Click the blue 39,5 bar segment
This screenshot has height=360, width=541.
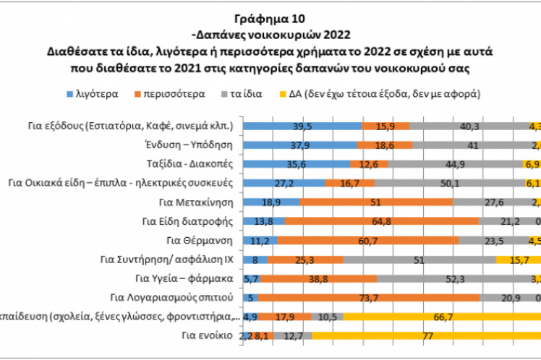[302, 126]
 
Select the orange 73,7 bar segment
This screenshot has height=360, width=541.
[368, 297]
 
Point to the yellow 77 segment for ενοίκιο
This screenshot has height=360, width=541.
[427, 335]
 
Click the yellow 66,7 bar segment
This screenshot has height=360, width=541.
[441, 316]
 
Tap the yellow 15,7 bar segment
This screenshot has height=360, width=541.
[519, 259]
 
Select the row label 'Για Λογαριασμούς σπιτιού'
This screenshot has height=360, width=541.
[174, 297]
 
